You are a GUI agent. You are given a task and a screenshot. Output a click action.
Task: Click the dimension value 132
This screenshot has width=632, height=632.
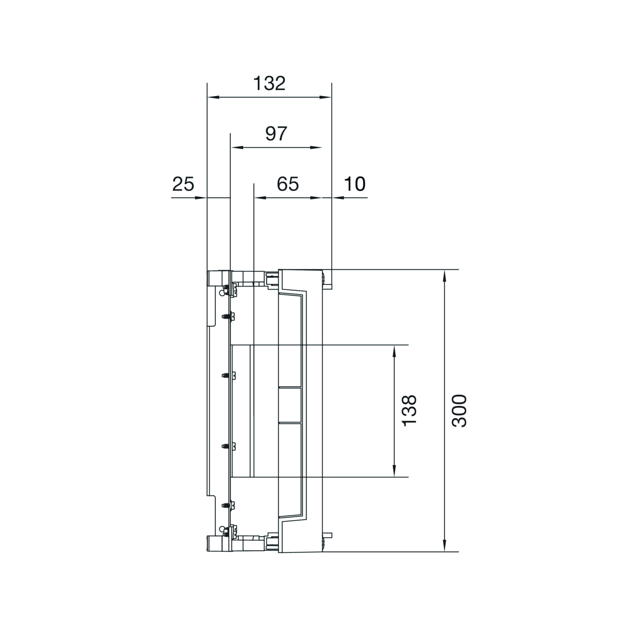tap(269, 83)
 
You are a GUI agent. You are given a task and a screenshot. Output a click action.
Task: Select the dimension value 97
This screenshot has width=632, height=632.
tap(276, 133)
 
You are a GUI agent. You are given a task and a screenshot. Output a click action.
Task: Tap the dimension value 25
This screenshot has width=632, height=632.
tap(183, 184)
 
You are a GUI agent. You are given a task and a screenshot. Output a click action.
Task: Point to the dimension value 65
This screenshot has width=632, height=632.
tap(288, 184)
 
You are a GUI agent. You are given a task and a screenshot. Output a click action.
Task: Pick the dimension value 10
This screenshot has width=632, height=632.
tap(355, 184)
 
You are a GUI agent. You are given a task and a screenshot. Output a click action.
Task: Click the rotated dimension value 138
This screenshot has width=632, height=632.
tap(409, 411)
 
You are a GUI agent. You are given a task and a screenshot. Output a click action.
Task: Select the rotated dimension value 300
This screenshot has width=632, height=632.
tap(459, 411)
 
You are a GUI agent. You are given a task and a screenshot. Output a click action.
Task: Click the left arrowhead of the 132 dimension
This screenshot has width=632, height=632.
tap(213, 97)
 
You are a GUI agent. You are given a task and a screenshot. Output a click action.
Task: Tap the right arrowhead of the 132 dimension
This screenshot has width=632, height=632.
tap(325, 97)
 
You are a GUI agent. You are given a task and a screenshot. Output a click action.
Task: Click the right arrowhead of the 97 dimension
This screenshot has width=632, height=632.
tap(316, 147)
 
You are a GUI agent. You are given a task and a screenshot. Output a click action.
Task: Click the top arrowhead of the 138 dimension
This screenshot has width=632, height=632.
tap(394, 351)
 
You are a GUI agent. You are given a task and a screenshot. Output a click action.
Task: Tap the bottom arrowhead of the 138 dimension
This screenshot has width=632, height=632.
tap(394, 471)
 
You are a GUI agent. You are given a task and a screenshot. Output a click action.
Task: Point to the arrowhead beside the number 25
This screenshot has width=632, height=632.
tap(201, 197)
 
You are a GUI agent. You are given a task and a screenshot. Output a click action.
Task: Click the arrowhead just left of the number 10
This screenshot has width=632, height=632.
tap(338, 197)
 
